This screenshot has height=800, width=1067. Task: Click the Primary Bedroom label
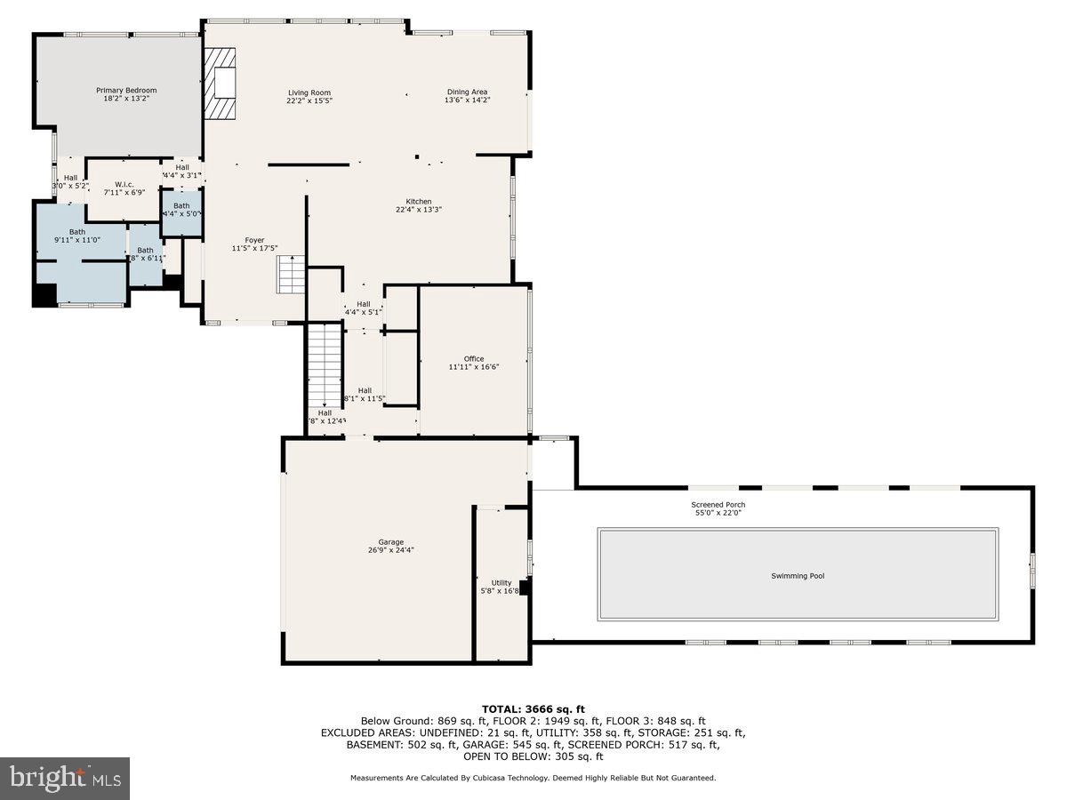click(x=126, y=90)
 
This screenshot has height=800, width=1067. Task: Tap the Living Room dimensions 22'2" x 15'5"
click(x=309, y=101)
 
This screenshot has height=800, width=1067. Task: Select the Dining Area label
click(x=467, y=92)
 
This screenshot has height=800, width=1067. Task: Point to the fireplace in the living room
click(x=221, y=84)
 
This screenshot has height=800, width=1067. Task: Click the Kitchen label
click(x=419, y=202)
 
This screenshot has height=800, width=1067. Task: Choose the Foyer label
click(x=255, y=240)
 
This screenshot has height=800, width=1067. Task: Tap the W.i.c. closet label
click(x=124, y=184)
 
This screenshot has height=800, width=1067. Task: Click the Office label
click(x=474, y=359)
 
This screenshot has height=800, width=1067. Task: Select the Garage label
click(x=390, y=541)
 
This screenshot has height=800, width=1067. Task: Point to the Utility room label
click(x=501, y=583)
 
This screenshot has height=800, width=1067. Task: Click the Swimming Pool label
click(x=797, y=576)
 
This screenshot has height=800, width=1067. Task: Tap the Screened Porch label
click(x=718, y=505)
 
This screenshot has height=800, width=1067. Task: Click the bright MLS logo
click(x=66, y=779)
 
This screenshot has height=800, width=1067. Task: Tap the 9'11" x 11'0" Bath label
click(x=77, y=236)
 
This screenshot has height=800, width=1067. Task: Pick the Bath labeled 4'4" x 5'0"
click(x=181, y=210)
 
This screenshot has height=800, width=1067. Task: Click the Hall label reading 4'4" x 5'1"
click(x=363, y=308)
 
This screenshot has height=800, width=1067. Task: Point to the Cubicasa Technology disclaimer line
click(x=533, y=778)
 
